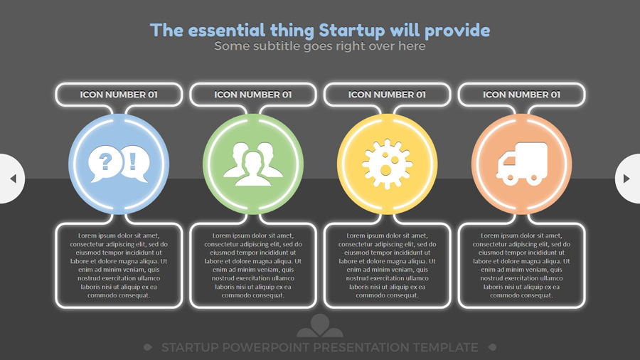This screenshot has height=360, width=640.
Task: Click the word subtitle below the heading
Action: pyautogui.click(x=277, y=46)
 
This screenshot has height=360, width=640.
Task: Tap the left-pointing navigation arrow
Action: pyautogui.click(x=13, y=179)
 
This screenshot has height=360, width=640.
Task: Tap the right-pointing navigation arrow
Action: pyautogui.click(x=626, y=179)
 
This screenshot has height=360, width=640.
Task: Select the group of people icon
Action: pyautogui.click(x=253, y=164)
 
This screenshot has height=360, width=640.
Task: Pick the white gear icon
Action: pyautogui.click(x=387, y=164)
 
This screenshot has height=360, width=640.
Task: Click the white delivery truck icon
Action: pyautogui.click(x=522, y=164)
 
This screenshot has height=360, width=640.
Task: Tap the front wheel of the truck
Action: pyautogui.click(x=508, y=179)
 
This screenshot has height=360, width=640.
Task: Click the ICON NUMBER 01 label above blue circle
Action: pyautogui.click(x=119, y=95)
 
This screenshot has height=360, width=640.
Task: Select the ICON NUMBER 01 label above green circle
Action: pyautogui.click(x=253, y=95)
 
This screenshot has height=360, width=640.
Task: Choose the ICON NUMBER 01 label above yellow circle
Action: pyautogui.click(x=387, y=95)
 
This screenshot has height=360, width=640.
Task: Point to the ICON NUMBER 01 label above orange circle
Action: pyautogui.click(x=522, y=95)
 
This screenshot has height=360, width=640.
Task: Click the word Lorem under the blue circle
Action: pyautogui.click(x=87, y=235)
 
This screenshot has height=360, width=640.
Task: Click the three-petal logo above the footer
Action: pyautogui.click(x=320, y=326)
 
